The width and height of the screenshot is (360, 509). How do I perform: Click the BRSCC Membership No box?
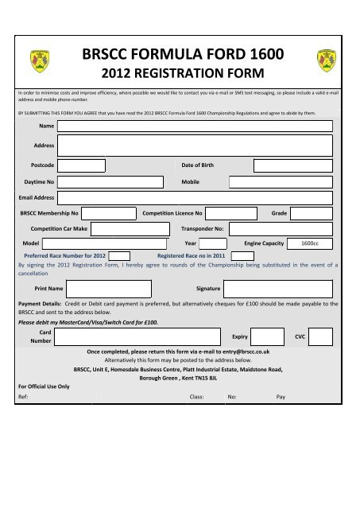tap(109, 213)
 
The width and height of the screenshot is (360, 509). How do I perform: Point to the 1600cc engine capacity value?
tap(310, 243)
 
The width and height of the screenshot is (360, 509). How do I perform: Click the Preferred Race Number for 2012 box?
tap(119, 256)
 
